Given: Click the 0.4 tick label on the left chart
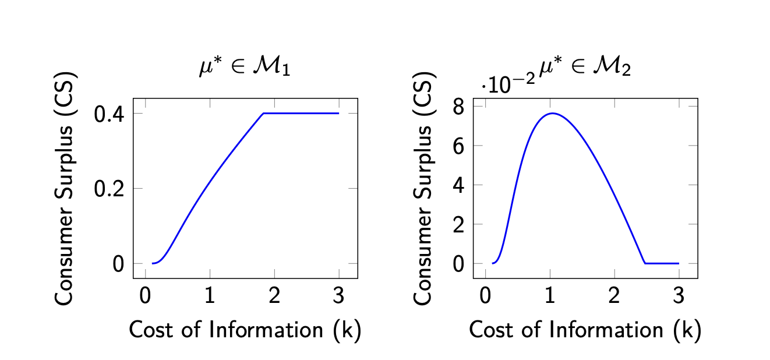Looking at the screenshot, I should [110, 114].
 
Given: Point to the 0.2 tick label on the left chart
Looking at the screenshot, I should [110, 189].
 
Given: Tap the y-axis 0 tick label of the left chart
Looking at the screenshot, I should [119, 264].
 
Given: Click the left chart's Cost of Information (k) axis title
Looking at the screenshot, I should [245, 330].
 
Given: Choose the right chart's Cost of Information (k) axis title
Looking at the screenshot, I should [585, 330].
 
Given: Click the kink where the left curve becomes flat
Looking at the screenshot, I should [264, 113].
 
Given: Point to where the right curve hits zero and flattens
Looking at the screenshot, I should [645, 263].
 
